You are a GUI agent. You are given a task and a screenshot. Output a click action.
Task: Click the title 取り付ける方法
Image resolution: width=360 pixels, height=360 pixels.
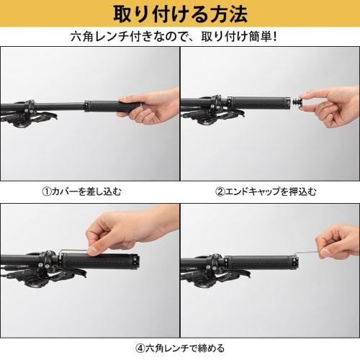click(x=179, y=14)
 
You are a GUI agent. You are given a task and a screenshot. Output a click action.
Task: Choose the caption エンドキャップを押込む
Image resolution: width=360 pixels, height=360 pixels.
click(x=271, y=192)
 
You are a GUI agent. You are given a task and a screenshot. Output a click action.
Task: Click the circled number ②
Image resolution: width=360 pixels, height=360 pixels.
click(x=221, y=192)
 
